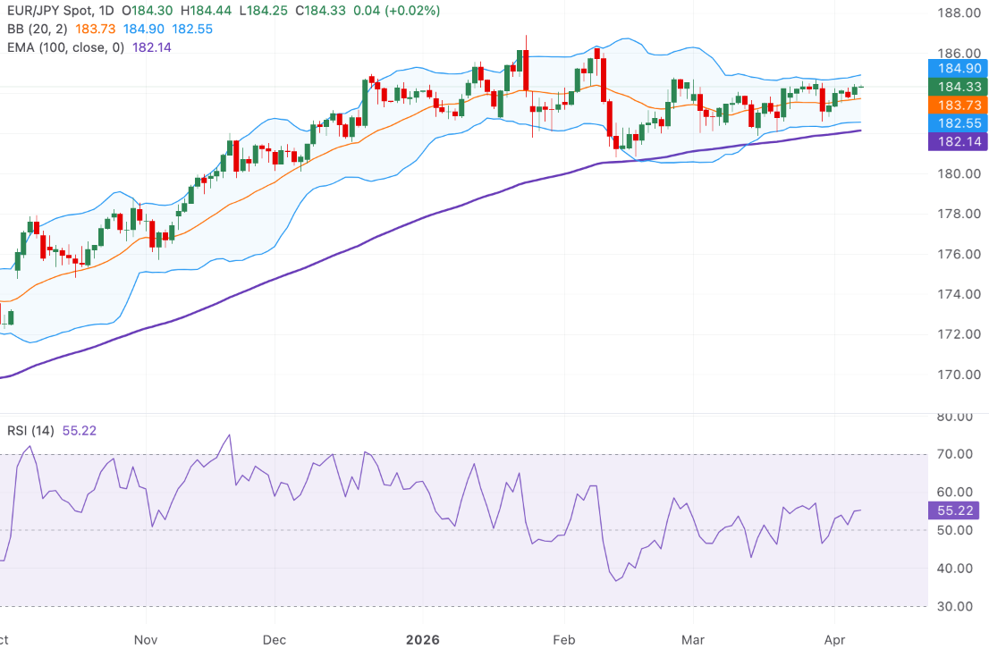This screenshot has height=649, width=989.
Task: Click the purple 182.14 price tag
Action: [957, 141]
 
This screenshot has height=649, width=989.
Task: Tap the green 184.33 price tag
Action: [957, 86]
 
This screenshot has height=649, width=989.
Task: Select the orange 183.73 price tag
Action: [957, 105]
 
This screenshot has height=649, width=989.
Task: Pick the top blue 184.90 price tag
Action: [957, 68]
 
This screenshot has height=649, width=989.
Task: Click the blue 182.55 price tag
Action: [957, 123]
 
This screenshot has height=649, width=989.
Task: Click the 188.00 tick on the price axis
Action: [953, 13]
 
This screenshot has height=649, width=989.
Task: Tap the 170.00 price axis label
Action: [953, 375]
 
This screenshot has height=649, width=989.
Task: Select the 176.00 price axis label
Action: [953, 254]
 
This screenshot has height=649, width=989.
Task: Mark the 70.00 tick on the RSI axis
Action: [953, 454]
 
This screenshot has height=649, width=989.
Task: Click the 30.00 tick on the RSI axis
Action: [953, 606]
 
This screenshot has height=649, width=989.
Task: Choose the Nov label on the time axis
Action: [144, 640]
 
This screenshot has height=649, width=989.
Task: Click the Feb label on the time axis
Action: [562, 640]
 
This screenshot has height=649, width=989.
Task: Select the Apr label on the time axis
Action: [833, 640]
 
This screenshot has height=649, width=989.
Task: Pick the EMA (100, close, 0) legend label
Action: [65, 46]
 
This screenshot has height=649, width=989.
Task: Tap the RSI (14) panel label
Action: [30, 431]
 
